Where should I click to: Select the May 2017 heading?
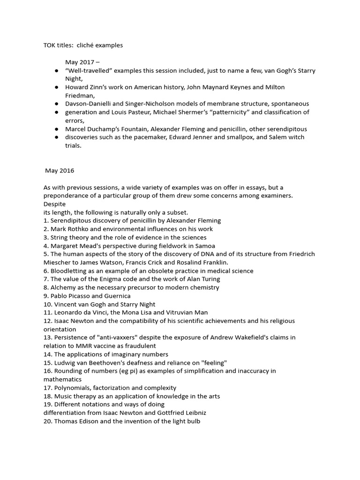point(82,62)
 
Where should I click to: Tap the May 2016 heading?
point(60,170)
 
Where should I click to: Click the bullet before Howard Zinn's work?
point(56,87)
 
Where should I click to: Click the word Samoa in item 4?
point(205,246)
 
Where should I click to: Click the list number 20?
point(48,421)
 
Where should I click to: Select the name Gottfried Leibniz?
point(182,412)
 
